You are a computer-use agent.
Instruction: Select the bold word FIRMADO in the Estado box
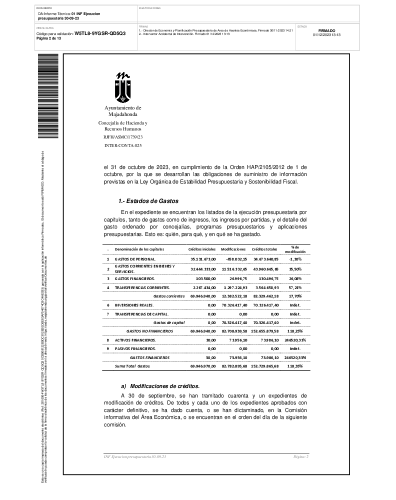(326, 30)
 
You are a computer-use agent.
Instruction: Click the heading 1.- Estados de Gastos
(148, 201)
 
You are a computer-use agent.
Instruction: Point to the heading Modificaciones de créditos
(164, 386)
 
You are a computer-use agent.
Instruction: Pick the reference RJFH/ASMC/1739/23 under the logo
(123, 136)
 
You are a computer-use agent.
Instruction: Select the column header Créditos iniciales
(201, 249)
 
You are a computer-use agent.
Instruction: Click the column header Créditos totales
(264, 249)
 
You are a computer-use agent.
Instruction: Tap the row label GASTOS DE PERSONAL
(135, 259)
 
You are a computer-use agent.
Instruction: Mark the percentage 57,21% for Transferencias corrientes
(295, 287)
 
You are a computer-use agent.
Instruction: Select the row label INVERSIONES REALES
(134, 305)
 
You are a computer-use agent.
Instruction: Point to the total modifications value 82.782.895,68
(233, 366)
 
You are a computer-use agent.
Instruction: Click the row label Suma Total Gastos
(132, 366)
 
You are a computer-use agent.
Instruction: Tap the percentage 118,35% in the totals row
(295, 366)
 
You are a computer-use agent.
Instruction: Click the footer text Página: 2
(300, 457)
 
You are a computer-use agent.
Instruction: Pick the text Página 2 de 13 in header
(48, 38)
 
